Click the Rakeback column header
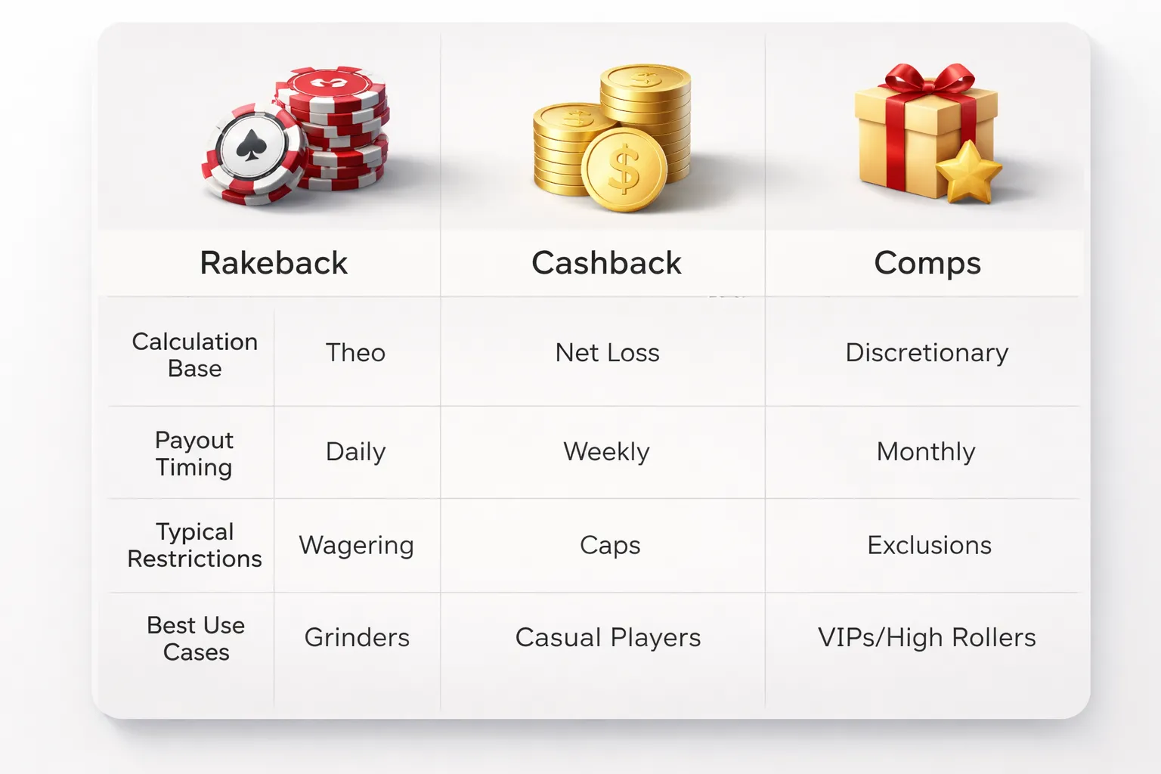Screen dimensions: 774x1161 (x=274, y=263)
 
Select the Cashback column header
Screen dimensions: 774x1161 (x=606, y=263)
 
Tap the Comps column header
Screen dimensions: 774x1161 (x=927, y=263)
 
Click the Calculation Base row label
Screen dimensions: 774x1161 (x=195, y=354)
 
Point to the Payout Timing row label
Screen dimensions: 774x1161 (x=194, y=453)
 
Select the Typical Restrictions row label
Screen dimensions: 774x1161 (x=194, y=545)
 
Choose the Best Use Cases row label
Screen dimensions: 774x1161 (x=196, y=639)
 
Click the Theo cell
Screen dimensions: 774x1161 (x=355, y=353)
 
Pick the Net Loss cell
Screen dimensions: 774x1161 (x=607, y=353)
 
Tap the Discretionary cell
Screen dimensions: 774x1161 (x=927, y=353)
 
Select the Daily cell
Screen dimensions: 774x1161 (x=355, y=452)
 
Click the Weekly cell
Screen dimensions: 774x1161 (x=606, y=452)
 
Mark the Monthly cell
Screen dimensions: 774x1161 (x=926, y=452)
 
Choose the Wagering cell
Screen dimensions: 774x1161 (x=356, y=546)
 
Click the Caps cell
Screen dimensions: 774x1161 (x=610, y=546)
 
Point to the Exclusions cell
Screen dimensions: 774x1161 (x=929, y=546)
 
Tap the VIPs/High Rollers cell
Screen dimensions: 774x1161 (x=927, y=638)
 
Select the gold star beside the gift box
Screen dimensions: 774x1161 (x=967, y=172)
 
